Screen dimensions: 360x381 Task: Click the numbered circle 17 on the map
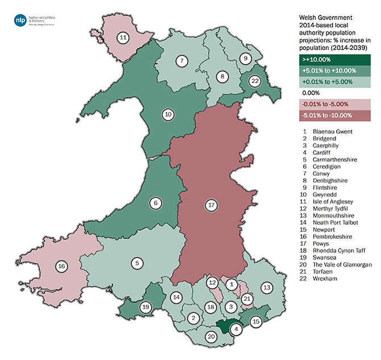point(212,206)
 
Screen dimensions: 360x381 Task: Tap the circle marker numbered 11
point(123,38)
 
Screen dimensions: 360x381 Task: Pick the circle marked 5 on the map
point(137,263)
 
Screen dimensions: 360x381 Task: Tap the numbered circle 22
point(255,82)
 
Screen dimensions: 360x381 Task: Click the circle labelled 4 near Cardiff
point(237,328)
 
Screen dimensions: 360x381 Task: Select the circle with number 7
point(181,60)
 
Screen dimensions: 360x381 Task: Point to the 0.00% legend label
point(311,93)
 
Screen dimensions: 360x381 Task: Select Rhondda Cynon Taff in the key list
point(338,250)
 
